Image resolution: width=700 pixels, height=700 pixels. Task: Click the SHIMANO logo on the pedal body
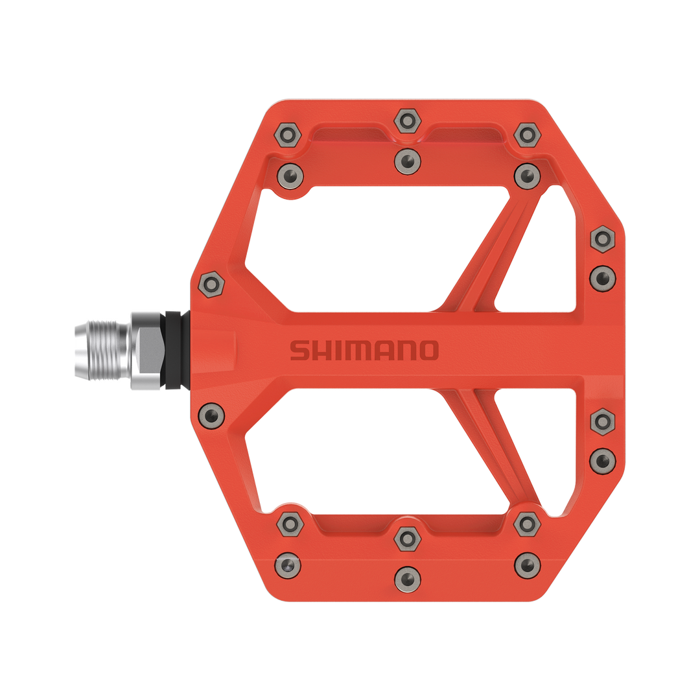point(364,350)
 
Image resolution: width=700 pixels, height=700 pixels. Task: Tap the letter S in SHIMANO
point(299,350)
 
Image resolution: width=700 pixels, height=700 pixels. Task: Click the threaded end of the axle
point(102,350)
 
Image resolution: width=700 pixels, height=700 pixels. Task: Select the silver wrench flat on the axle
point(146,351)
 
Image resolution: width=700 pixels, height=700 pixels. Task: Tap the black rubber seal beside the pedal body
point(174,351)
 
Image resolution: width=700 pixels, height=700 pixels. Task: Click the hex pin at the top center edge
point(407,121)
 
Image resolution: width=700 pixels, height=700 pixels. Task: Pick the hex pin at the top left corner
point(288,135)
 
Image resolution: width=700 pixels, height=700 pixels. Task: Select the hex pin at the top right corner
point(527,135)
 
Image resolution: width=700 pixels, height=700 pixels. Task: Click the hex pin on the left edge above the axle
point(211,284)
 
